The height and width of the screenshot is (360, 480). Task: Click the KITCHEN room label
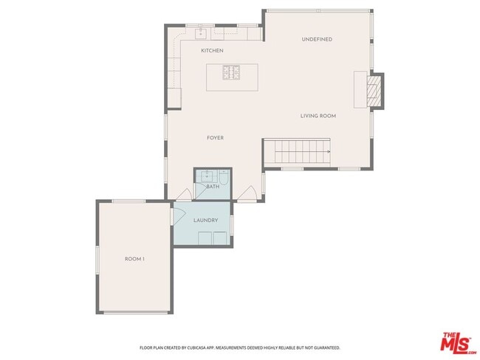tap(212, 51)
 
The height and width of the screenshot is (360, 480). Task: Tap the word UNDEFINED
tap(317, 39)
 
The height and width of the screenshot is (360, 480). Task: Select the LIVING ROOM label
tap(318, 116)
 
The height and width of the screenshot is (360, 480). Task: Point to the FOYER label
tap(215, 138)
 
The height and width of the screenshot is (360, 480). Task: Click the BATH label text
tap(213, 187)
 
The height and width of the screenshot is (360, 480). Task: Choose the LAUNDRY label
tap(205, 221)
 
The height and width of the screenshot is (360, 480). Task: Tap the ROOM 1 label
tap(134, 259)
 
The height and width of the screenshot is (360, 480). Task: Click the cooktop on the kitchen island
tap(233, 73)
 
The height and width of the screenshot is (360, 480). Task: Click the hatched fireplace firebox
tap(377, 90)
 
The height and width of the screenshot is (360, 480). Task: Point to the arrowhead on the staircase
tap(327, 153)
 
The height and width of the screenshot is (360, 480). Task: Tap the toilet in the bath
tap(224, 177)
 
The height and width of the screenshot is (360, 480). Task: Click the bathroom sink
tap(207, 176)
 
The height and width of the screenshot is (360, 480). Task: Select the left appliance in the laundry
tap(205, 238)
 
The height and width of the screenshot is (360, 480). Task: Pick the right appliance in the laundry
tap(220, 238)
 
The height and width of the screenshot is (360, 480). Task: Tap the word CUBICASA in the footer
tap(202, 347)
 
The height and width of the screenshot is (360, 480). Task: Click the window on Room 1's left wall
tap(97, 259)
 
